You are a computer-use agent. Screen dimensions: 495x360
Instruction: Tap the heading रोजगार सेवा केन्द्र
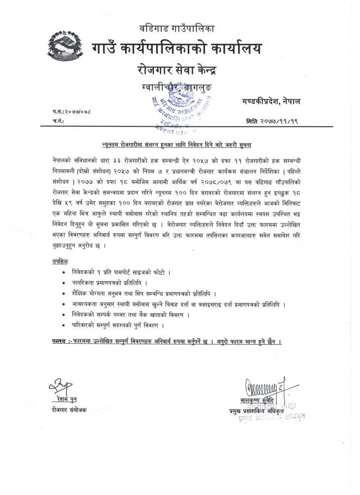(x=179, y=69)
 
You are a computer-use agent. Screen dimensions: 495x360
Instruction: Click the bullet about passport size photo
(x=134, y=271)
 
